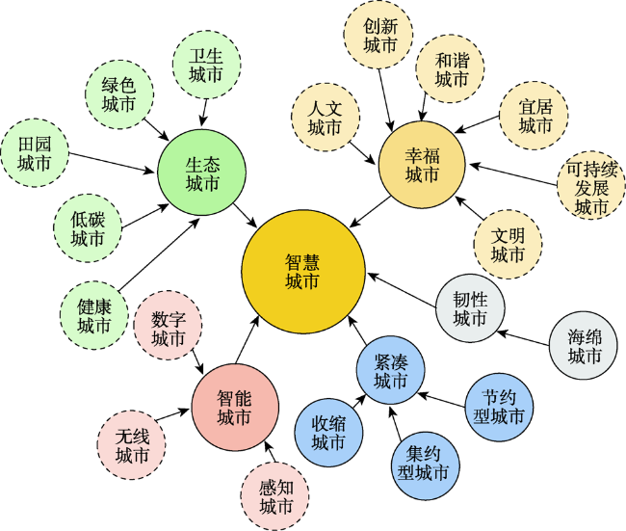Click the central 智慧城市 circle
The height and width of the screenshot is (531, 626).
[x=303, y=272]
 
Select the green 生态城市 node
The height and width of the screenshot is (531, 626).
[x=201, y=173]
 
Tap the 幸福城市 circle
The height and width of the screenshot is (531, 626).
[x=422, y=165]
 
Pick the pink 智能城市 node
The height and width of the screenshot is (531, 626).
[x=235, y=408]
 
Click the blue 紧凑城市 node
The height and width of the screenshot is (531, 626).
[x=390, y=370]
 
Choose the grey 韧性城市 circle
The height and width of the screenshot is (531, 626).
[x=470, y=308]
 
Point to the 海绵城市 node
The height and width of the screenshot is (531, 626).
[x=584, y=346]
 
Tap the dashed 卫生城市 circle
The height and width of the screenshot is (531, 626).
[x=206, y=65]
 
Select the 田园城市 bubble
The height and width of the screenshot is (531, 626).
[x=35, y=153]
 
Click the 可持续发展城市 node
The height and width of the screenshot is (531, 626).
[x=591, y=185]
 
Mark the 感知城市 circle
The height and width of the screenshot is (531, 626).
[x=275, y=496]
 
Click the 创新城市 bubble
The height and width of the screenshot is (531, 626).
[x=378, y=35]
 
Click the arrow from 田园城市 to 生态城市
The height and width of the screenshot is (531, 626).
[x=112, y=163]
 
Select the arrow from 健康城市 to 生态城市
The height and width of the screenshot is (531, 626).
[x=159, y=254]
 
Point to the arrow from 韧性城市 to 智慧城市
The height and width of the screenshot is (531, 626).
[x=402, y=290]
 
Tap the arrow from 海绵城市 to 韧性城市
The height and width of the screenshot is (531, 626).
[x=524, y=338]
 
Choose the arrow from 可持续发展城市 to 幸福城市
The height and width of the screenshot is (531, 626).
[x=513, y=174]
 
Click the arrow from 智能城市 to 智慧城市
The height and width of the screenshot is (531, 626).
[x=247, y=339]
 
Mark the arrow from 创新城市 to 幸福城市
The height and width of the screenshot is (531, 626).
[x=385, y=100]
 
